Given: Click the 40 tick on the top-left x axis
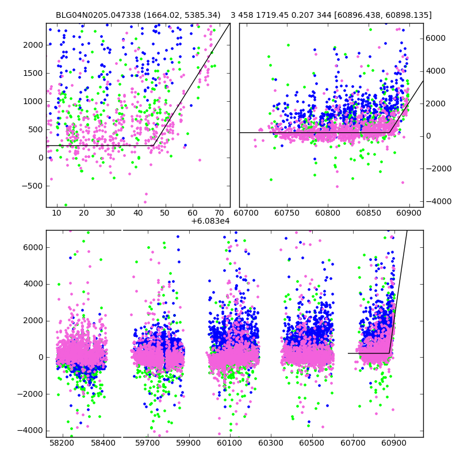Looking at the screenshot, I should point(138,213).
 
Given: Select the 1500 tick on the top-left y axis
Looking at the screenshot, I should point(33,73).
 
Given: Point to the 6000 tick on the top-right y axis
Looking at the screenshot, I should point(435,38).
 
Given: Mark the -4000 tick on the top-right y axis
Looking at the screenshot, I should point(435,201).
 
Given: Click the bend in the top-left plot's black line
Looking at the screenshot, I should point(154,145).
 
